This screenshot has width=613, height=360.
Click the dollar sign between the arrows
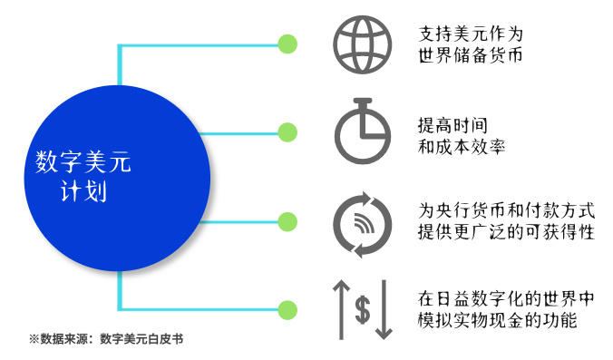[x=362, y=309]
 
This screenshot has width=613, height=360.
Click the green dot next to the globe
[x=287, y=44]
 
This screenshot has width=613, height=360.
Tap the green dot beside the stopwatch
[x=287, y=132]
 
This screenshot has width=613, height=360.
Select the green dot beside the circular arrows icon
[x=287, y=221]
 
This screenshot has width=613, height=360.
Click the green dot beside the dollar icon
[x=287, y=309]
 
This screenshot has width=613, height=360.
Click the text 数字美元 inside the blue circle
[x=83, y=163]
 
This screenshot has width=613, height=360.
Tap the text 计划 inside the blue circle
[x=83, y=193]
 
